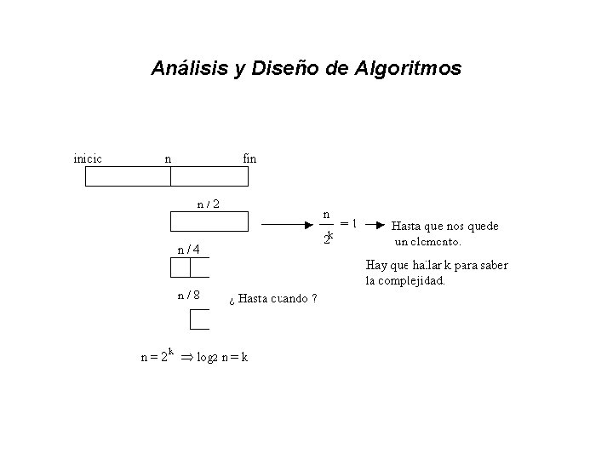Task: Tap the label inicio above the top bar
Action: point(89,158)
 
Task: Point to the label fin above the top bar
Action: point(249,158)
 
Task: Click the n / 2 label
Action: point(209,204)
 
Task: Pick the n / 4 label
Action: point(188,250)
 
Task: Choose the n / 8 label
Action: point(188,296)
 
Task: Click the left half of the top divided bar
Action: point(128,176)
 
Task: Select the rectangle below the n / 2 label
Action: point(209,222)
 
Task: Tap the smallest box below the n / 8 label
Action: point(199,319)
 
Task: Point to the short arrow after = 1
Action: point(372,226)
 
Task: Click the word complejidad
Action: point(413,279)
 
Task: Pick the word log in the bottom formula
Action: point(205,357)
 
